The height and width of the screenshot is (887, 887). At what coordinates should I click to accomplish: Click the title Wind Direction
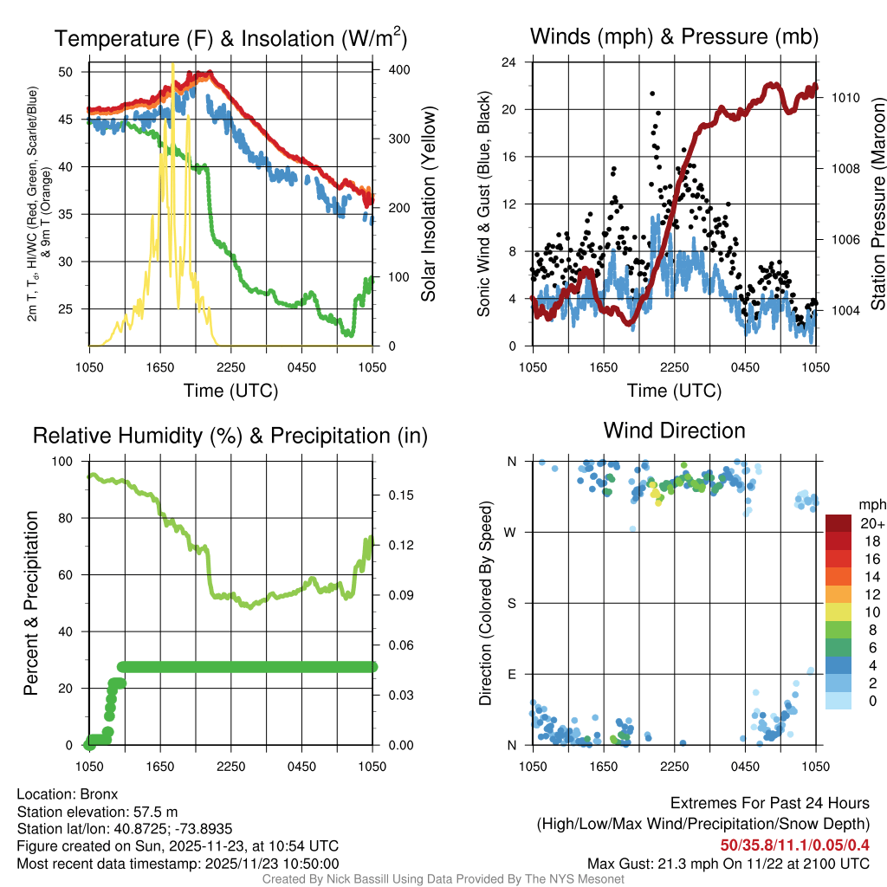674,431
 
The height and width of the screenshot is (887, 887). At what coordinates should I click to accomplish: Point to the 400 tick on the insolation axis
386,69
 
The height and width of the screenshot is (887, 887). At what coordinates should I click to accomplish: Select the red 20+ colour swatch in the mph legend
838,523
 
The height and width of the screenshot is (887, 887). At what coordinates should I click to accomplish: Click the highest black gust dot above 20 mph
652,94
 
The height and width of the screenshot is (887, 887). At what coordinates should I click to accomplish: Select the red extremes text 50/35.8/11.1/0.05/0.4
794,845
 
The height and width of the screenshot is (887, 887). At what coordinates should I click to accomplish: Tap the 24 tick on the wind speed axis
510,62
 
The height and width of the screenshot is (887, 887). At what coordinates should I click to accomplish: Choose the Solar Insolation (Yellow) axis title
428,204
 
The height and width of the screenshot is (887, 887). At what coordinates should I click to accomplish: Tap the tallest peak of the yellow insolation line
172,64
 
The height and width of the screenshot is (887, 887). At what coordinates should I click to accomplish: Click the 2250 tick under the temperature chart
230,366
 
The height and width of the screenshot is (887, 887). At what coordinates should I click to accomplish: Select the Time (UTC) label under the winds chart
675,391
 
